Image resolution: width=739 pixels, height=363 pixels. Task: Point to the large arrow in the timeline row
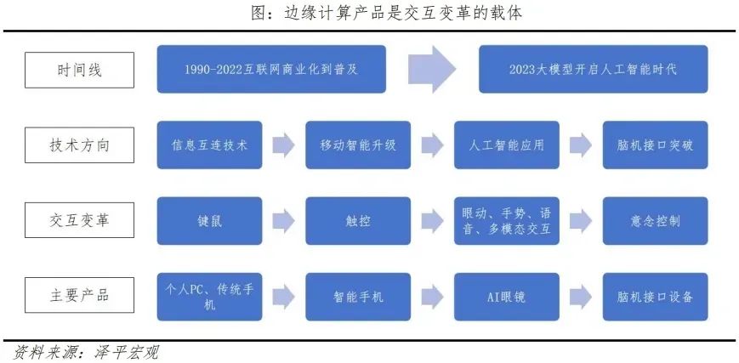[x=433, y=70]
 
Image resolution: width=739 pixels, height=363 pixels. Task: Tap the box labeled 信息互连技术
[x=210, y=145]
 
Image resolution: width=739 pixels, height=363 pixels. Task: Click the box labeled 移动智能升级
[x=357, y=145]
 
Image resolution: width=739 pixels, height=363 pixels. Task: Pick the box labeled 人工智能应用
[x=507, y=145]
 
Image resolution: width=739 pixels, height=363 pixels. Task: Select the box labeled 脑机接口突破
[x=655, y=145]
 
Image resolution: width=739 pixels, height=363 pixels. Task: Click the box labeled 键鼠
[x=210, y=221]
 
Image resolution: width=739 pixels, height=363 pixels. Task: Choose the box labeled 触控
[x=357, y=221]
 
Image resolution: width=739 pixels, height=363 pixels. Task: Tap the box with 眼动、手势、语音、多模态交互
[x=507, y=221]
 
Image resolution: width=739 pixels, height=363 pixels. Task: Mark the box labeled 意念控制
[x=655, y=221]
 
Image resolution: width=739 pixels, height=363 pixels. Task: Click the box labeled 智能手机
[x=357, y=297]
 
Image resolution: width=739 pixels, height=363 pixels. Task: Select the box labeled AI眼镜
[x=507, y=297]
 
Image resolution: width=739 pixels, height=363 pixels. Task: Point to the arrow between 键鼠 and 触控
[x=284, y=221]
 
